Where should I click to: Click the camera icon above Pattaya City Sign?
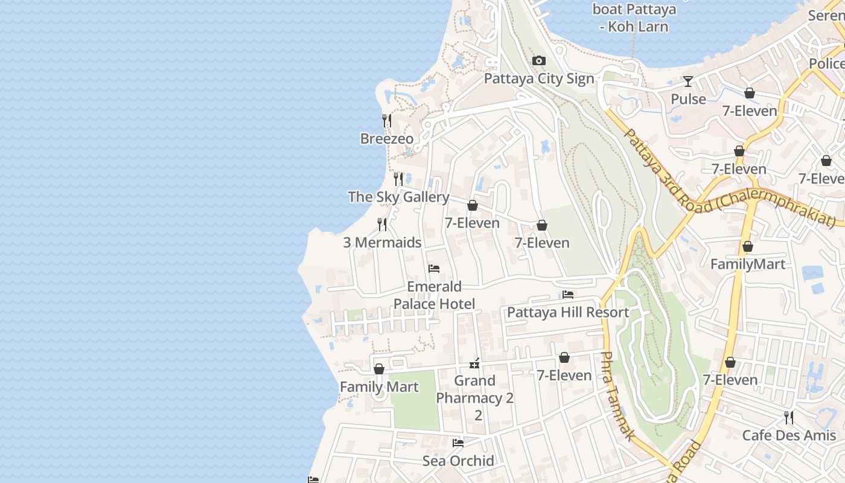538,60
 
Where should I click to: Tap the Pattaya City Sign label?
539,78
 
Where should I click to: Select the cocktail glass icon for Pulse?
687,81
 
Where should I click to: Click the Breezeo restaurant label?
387,139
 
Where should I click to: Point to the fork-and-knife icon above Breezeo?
387,120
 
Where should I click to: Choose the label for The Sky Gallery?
398,197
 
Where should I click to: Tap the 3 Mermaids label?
382,243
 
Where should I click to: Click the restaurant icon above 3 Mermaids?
382,224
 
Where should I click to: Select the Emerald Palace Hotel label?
434,295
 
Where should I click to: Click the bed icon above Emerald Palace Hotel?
433,269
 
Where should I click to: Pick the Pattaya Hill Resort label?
567,312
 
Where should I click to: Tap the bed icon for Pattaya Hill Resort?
567,295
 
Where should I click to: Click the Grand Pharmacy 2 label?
475,389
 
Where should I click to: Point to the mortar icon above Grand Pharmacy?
474,363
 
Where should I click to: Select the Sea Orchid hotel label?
458,461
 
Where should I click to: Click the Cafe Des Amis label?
789,435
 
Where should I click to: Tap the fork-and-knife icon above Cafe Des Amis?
788,417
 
